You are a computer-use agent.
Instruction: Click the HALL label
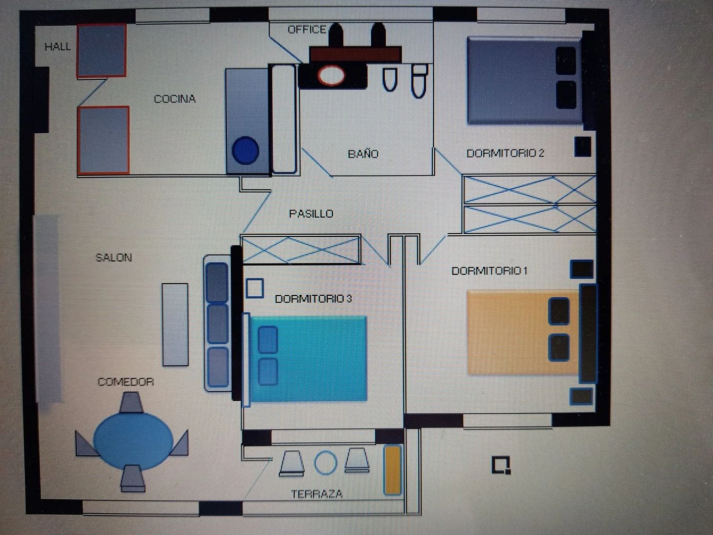[58, 47]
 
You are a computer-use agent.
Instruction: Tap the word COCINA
[175, 99]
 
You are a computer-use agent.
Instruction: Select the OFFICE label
[307, 30]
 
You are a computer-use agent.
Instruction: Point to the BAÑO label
[363, 154]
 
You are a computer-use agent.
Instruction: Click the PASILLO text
[311, 214]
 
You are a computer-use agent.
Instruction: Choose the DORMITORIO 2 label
[505, 153]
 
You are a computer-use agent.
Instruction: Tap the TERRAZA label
[317, 494]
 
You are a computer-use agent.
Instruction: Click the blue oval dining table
[133, 440]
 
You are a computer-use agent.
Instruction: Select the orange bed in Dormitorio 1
[523, 332]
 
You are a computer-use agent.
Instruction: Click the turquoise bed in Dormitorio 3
[308, 359]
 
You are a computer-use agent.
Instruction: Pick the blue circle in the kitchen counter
[246, 151]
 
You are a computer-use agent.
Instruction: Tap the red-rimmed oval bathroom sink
[331, 76]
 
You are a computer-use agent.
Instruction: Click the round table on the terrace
[326, 463]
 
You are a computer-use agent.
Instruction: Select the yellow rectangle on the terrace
[393, 471]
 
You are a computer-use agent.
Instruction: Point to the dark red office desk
[356, 54]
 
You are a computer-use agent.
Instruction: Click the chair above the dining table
[131, 402]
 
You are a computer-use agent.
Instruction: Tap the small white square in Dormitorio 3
[255, 288]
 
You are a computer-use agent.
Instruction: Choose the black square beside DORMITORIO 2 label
[583, 147]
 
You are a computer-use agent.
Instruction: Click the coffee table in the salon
[175, 324]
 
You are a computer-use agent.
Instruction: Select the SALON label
[114, 258]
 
